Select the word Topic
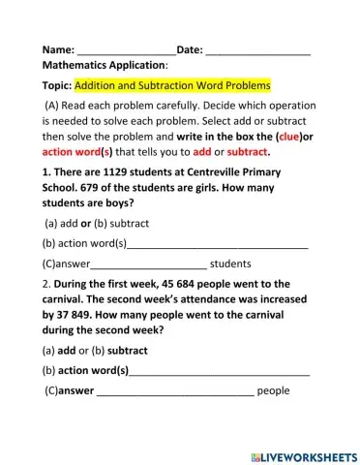pyautogui.click(x=56, y=85)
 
